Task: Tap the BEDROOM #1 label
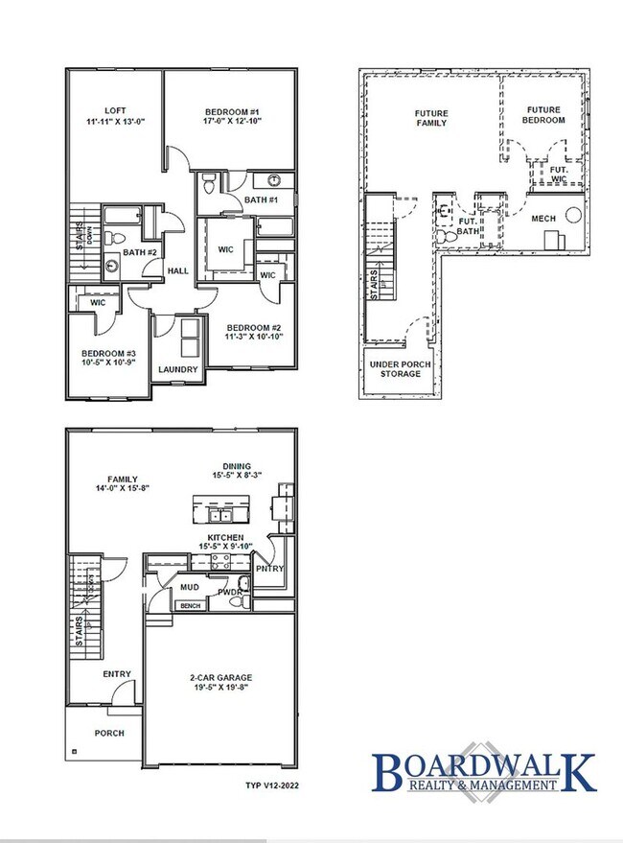pos(232,110)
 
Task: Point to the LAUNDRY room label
pos(177,369)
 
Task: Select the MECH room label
pos(543,219)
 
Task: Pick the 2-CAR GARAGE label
pos(220,678)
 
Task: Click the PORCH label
pos(108,733)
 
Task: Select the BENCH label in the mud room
pos(191,606)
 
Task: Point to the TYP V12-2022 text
pos(266,784)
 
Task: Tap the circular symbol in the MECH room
pos(573,215)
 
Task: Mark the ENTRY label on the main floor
pos(117,674)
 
